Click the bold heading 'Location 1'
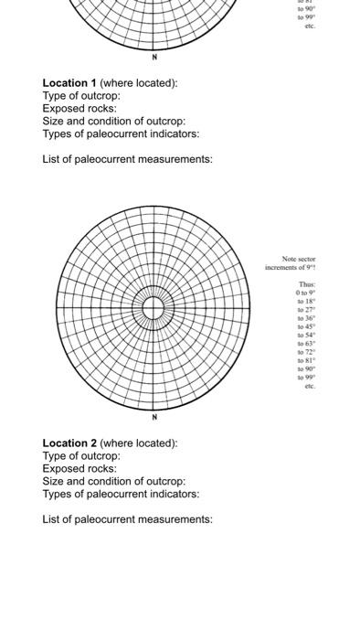click(69, 83)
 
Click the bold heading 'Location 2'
click(69, 443)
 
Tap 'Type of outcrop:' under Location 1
click(81, 96)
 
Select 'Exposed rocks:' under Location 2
click(79, 469)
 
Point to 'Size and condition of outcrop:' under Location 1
click(113, 122)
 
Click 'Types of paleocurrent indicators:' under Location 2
click(121, 495)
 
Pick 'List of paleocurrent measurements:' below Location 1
click(127, 159)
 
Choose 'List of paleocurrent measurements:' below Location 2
click(127, 519)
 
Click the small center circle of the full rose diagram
click(154, 308)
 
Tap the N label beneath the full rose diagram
click(154, 417)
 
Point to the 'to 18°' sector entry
click(305, 302)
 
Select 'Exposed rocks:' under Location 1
click(79, 109)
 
